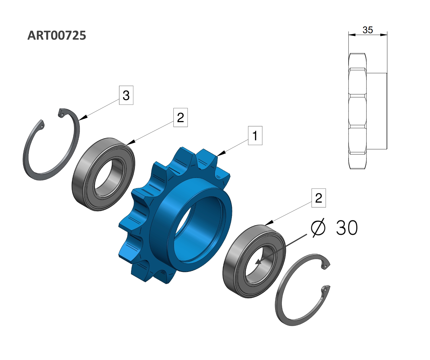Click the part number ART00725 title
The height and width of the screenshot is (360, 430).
click(57, 35)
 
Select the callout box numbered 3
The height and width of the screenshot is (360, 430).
click(126, 95)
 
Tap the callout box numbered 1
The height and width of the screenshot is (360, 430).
click(255, 136)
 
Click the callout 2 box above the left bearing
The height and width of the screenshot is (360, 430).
click(180, 117)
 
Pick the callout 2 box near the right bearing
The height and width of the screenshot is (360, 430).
click(319, 198)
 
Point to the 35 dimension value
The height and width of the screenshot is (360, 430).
click(368, 30)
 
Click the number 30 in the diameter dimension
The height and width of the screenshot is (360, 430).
click(347, 228)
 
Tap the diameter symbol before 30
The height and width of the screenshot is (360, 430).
click(318, 228)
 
